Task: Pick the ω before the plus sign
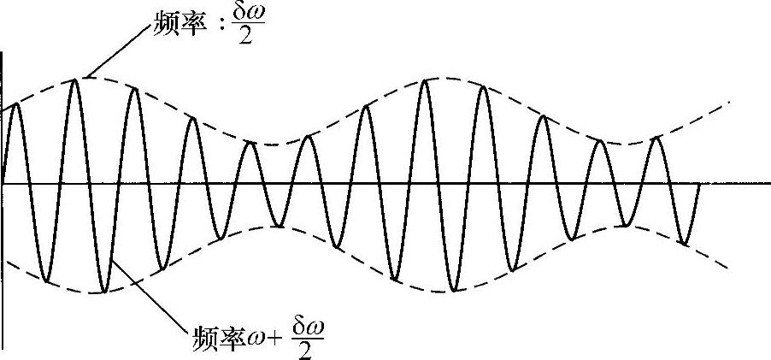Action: click(x=257, y=333)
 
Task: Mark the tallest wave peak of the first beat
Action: click(x=77, y=80)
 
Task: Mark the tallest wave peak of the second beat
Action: click(x=425, y=80)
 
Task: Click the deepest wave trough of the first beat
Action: click(x=103, y=292)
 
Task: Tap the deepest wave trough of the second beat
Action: click(x=455, y=291)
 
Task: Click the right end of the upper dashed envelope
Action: click(x=729, y=102)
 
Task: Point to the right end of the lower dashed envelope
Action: click(x=728, y=266)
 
